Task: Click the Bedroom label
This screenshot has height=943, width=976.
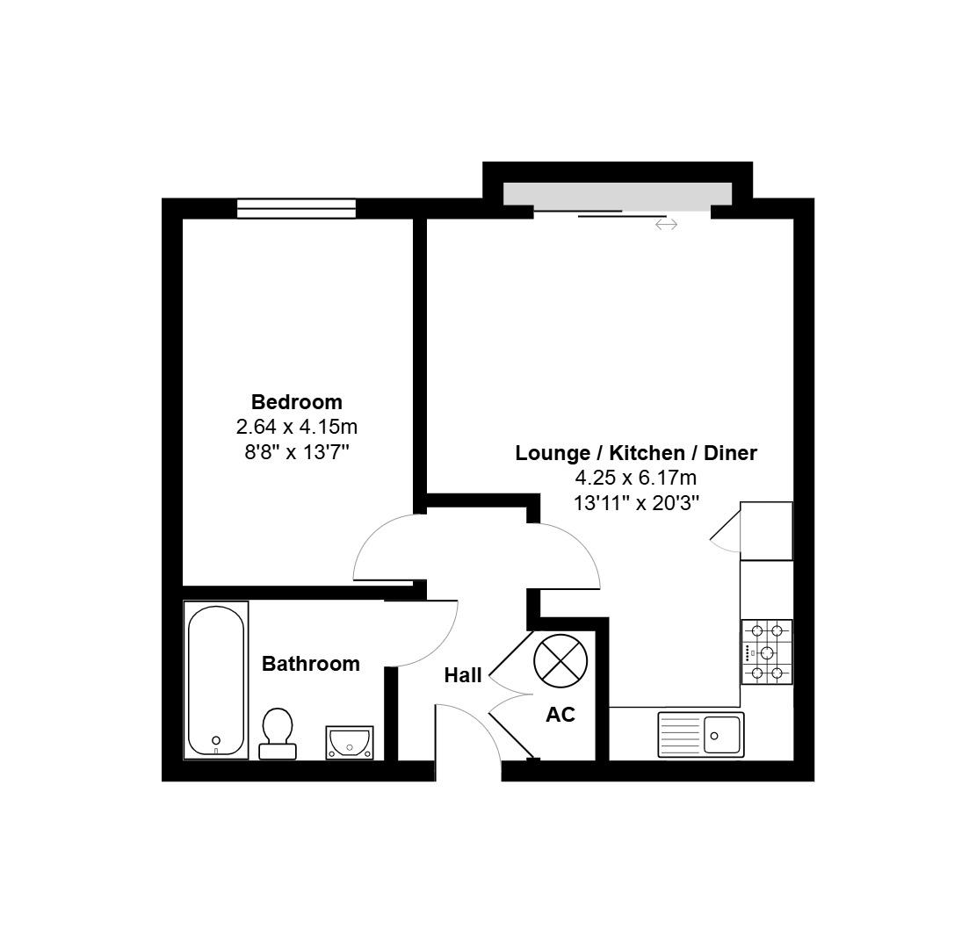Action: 296,402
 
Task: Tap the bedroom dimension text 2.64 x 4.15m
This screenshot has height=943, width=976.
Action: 296,428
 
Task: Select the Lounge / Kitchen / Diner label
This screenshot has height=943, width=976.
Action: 635,453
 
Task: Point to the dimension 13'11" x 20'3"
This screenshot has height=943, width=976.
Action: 635,503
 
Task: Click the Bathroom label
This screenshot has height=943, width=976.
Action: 310,664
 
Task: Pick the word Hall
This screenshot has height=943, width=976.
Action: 462,675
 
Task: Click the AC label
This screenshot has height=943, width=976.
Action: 560,715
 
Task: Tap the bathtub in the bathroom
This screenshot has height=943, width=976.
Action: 215,680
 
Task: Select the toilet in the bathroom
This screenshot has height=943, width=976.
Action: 278,732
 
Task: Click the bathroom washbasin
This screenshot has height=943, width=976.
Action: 349,742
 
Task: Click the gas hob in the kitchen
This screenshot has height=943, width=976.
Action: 766,652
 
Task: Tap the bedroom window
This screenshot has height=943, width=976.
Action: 296,208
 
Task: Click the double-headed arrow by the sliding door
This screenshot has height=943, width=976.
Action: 666,225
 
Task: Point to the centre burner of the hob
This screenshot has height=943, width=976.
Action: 767,652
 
